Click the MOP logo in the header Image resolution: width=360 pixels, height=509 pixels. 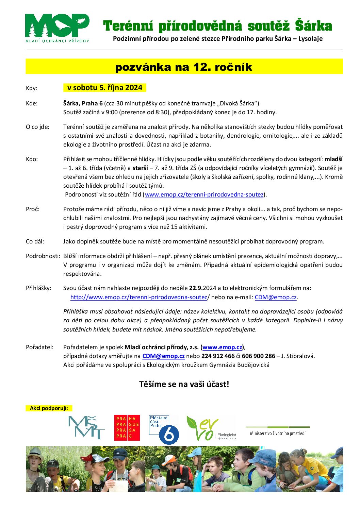tap(57, 28)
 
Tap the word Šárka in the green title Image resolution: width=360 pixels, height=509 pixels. tap(313, 26)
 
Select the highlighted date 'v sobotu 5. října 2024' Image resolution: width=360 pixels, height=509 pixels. tap(104, 88)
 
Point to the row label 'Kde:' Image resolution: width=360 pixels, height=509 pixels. tap(32, 103)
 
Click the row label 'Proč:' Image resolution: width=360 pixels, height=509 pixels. tap(33, 209)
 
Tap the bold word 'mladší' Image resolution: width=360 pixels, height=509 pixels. tap(333, 159)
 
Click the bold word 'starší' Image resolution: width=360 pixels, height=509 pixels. tap(140, 168)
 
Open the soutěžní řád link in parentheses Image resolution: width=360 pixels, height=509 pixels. tap(204, 194)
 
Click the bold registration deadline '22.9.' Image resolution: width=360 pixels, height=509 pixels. tap(196, 288)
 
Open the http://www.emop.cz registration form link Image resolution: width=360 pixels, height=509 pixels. tap(138, 297)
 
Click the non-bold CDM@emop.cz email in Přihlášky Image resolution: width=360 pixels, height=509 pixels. tap(276, 297)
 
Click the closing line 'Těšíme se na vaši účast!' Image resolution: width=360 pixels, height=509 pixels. tap(184, 384)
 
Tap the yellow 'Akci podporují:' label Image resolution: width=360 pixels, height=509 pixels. tap(49, 408)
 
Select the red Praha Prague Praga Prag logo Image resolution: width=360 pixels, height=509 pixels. tap(127, 428)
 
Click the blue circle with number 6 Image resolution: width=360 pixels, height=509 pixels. tap(169, 435)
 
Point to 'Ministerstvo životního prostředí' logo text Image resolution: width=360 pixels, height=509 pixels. tap(278, 434)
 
